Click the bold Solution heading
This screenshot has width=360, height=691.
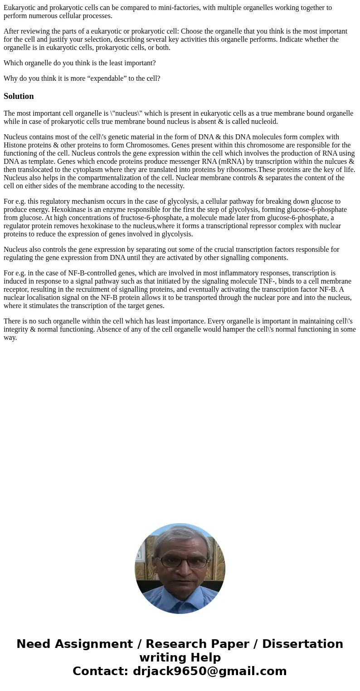pyautogui.click(x=19, y=96)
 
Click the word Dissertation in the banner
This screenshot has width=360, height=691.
pyautogui.click(x=302, y=644)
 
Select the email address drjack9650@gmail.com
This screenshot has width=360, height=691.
pyautogui.click(x=209, y=671)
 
